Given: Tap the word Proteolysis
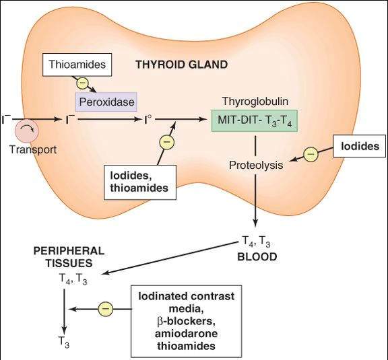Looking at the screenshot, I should point(256,165).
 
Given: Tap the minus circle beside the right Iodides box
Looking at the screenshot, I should point(310,154).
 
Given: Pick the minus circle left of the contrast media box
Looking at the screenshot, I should point(105,310).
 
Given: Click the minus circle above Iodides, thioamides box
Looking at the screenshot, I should point(165,143).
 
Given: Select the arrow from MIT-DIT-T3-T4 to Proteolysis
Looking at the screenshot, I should point(256,144).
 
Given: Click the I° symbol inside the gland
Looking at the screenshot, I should point(150,122).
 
